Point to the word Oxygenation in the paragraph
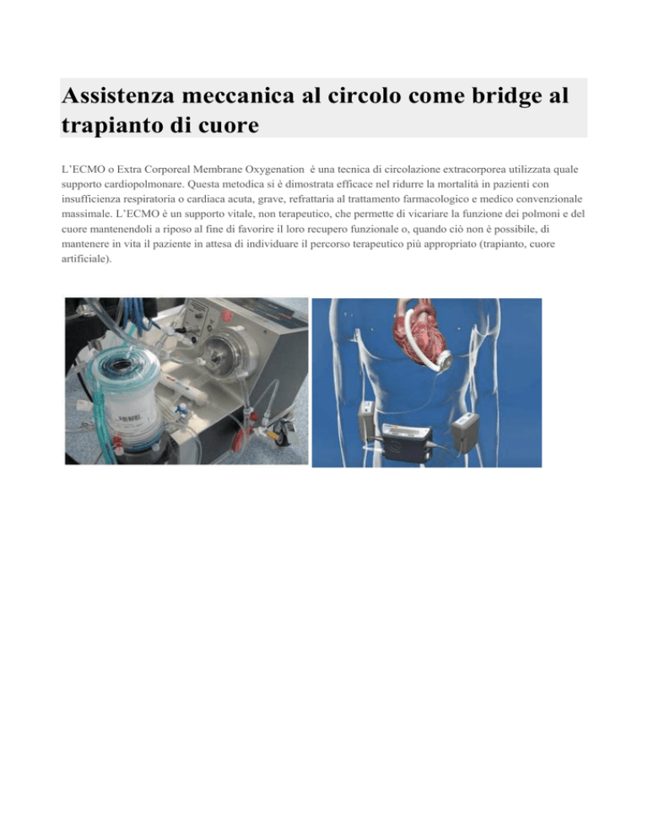(x=274, y=170)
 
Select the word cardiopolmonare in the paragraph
(x=138, y=185)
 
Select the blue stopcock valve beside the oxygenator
(x=183, y=409)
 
